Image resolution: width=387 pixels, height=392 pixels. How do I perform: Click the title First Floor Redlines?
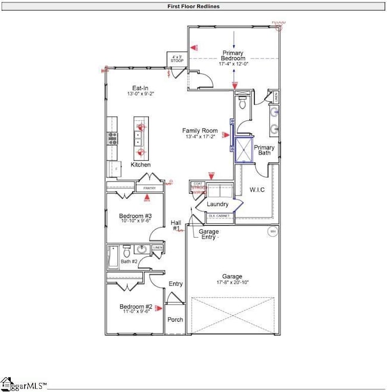coord(193,7)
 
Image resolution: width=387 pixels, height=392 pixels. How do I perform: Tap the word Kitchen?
coord(141,164)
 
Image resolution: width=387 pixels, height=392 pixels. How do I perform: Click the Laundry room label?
coord(218,204)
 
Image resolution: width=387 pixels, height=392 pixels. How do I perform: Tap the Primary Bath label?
coord(264,151)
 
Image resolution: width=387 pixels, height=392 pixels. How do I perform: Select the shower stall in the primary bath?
coord(244,150)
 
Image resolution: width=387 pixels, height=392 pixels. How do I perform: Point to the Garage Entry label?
coord(209,234)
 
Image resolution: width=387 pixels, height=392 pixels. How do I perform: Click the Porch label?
coord(175,319)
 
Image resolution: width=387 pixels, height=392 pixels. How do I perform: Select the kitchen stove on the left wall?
coord(112,138)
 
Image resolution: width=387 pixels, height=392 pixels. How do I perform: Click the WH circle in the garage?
coord(273,231)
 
